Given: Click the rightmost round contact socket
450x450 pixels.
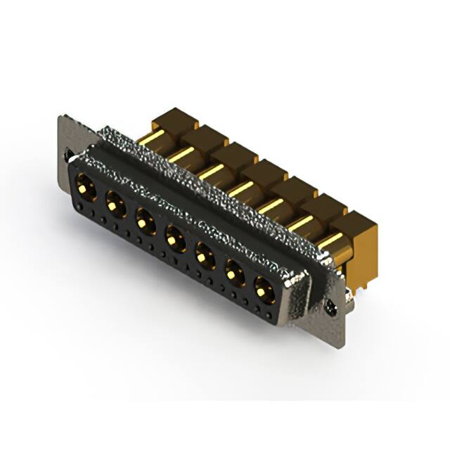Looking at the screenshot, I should pos(262,286).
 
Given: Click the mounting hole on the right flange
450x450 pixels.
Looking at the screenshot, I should pos(331,307).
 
